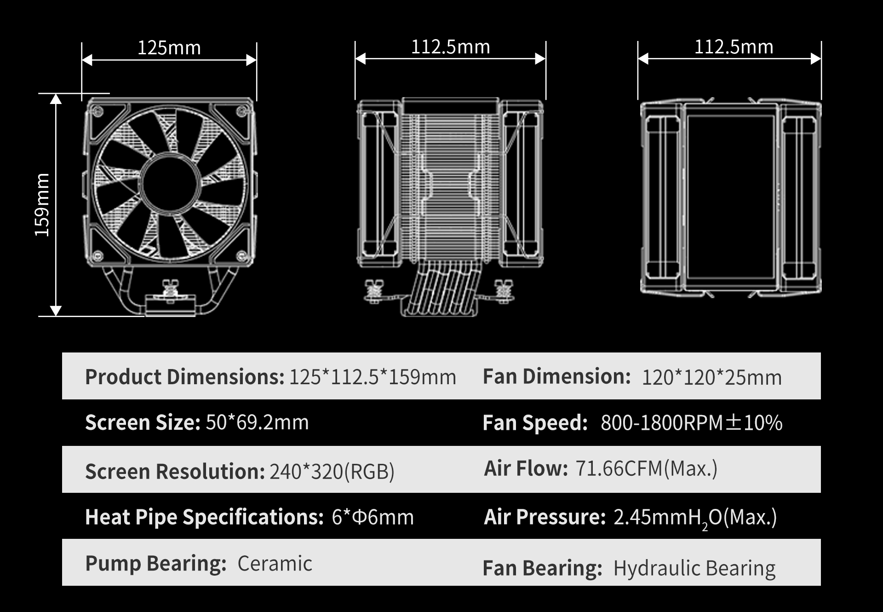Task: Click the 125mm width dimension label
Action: (169, 48)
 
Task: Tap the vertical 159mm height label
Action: (42, 205)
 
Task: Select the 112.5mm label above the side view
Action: (451, 47)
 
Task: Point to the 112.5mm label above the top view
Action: (734, 47)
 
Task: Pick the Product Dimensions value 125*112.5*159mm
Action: (373, 377)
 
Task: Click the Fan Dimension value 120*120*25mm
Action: (711, 377)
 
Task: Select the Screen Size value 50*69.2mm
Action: (257, 422)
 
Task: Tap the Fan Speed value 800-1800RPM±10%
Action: (691, 423)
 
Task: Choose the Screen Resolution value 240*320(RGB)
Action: (332, 472)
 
